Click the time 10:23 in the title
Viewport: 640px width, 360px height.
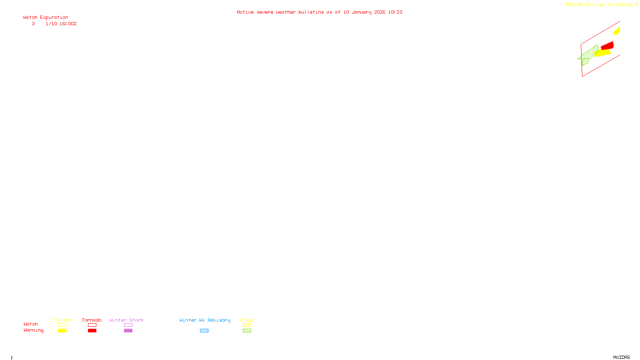(395, 12)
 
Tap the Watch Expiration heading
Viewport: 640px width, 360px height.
(46, 18)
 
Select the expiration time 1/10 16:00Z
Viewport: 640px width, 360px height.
(61, 24)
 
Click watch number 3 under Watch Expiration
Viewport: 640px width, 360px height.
(33, 24)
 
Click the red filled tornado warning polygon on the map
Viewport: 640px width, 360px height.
(608, 46)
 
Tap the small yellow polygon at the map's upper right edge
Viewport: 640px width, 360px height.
(617, 31)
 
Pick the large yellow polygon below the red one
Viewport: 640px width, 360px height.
(603, 53)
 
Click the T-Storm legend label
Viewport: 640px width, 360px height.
(62, 320)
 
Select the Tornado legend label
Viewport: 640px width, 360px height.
(92, 320)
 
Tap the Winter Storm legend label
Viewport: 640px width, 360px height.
(126, 320)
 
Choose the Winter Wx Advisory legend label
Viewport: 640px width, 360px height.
(205, 320)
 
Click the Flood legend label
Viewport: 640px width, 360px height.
(247, 320)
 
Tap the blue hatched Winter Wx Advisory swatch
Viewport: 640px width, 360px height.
(204, 331)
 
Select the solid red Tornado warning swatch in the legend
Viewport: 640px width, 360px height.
(92, 331)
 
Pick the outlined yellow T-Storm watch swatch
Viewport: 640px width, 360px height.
(62, 325)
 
